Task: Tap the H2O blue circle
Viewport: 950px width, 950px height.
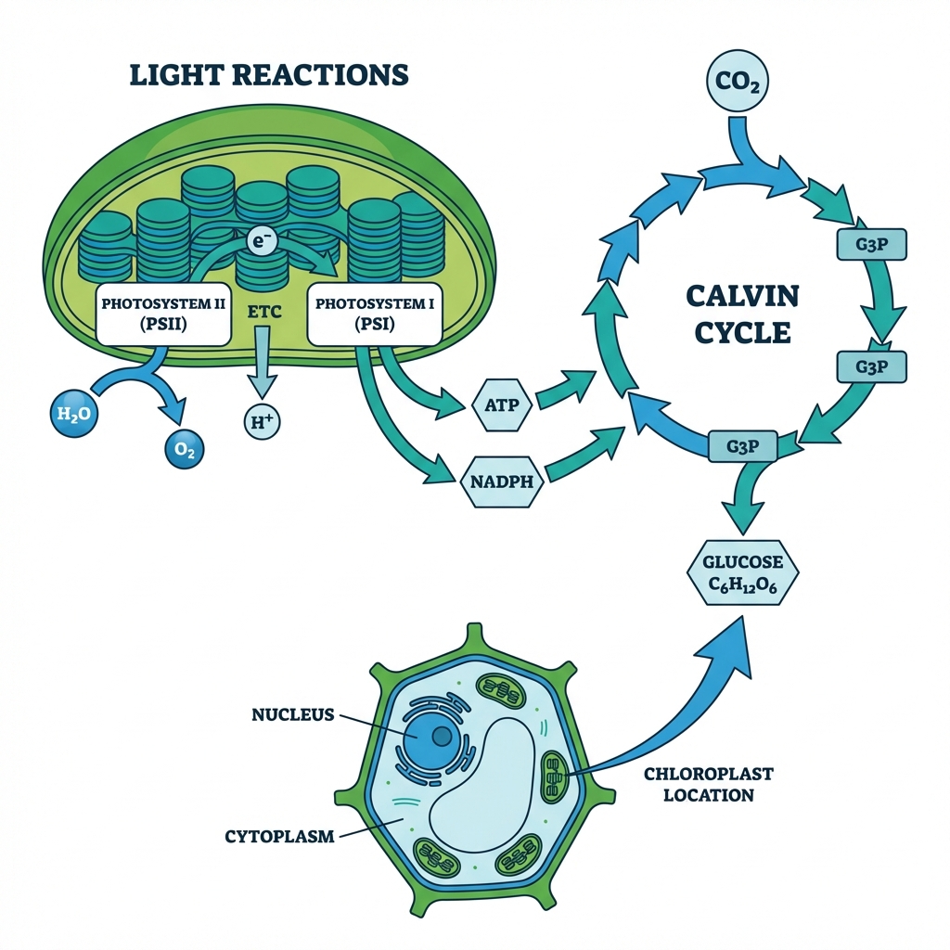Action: click(70, 415)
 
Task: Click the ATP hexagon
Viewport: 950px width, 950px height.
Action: click(494, 405)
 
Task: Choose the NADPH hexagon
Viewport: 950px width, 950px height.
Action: click(501, 481)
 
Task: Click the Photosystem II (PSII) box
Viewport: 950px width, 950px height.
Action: click(163, 314)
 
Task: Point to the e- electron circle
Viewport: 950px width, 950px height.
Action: click(262, 241)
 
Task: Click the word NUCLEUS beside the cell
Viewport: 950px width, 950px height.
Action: click(293, 714)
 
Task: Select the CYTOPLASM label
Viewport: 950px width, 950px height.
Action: click(278, 836)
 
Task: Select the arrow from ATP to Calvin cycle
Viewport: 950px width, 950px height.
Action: click(564, 389)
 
